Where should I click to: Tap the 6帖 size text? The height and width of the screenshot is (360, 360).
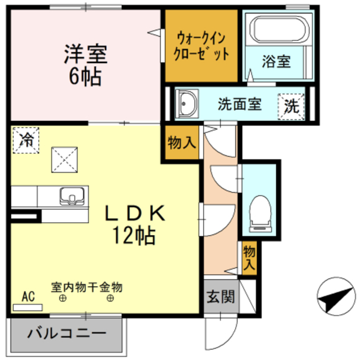84,76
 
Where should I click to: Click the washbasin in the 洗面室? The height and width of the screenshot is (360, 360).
187,103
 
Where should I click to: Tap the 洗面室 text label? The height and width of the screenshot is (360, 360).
239,105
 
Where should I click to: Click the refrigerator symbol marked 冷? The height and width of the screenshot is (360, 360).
26,139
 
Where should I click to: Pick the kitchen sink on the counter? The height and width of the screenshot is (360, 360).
73,196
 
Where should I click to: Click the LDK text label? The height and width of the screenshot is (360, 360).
136,214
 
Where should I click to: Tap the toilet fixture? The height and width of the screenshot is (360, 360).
260,213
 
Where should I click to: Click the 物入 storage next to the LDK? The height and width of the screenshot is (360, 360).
182,143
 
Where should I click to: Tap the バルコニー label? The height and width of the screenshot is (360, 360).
66,333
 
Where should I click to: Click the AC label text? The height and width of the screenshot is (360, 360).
28,296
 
